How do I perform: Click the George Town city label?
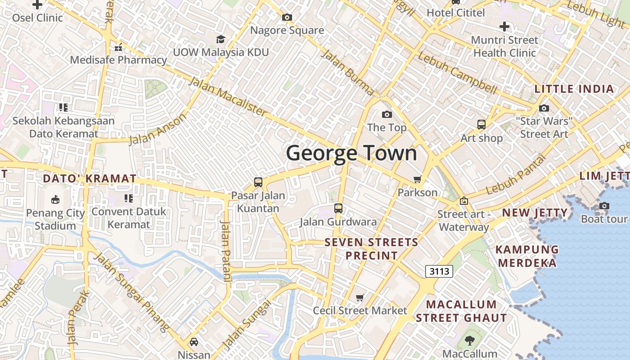351,153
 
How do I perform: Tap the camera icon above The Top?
387,114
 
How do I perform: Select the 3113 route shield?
439,271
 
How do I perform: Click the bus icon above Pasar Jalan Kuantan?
258,182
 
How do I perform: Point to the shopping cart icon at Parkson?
418,180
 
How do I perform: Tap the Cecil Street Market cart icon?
360,297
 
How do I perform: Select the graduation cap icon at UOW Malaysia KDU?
220,39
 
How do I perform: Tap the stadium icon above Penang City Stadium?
55,199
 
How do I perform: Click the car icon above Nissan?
193,342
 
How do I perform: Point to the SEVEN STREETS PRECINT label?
371,249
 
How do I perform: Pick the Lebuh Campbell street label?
457,74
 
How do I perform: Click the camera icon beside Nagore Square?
287,18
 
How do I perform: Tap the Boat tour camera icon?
604,206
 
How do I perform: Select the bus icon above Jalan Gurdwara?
338,208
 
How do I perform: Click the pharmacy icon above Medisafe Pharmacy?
118,47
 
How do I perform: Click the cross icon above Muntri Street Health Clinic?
504,26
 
